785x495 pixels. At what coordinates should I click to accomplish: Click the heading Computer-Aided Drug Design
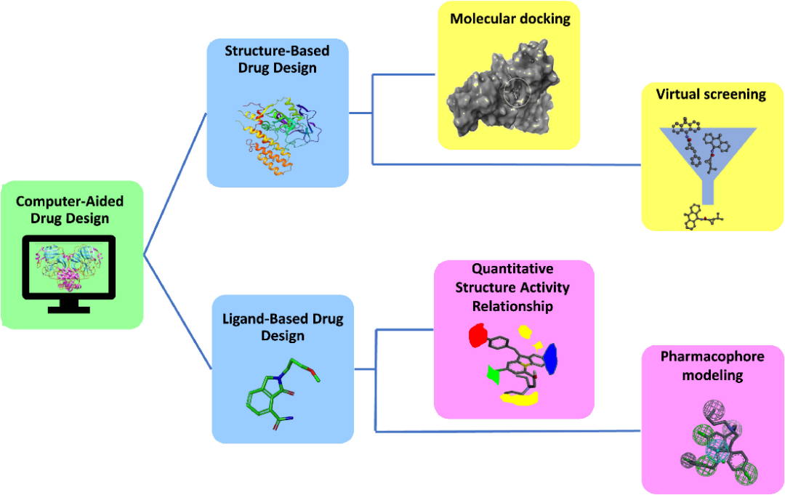click(x=70, y=209)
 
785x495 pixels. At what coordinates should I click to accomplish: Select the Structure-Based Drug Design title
click(x=276, y=60)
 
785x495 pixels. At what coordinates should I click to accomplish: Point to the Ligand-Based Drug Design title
click(x=283, y=327)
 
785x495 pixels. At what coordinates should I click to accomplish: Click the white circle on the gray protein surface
click(x=518, y=92)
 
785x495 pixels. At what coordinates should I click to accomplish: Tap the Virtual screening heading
click(x=710, y=94)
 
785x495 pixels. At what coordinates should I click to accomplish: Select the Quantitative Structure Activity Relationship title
click(x=512, y=288)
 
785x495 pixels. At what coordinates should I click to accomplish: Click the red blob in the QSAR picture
click(x=478, y=336)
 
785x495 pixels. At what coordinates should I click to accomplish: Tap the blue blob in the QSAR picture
click(x=550, y=358)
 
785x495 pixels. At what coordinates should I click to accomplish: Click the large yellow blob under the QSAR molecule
click(x=520, y=398)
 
